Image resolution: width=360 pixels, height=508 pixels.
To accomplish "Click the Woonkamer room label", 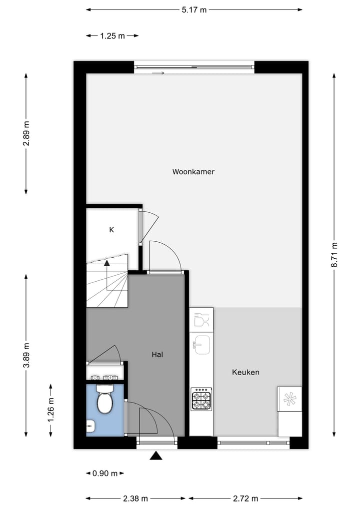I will [x=193, y=172].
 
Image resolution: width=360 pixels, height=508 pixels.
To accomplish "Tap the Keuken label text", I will [x=245, y=372].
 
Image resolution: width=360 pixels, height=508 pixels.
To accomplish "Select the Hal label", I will [x=157, y=355].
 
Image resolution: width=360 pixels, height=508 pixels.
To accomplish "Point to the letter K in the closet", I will [x=111, y=230].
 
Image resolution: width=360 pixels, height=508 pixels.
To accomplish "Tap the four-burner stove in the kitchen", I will [x=201, y=399].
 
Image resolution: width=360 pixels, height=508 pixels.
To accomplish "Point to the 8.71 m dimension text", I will [x=334, y=255].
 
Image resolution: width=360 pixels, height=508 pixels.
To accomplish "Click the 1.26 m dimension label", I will [x=50, y=410].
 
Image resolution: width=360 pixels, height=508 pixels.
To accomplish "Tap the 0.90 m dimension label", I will [x=105, y=473].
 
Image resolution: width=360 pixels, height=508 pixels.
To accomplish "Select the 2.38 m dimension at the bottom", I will [x=135, y=499].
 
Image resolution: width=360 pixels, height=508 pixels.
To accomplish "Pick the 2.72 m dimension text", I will [x=245, y=499].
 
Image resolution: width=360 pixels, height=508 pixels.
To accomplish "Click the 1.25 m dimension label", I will [x=112, y=36].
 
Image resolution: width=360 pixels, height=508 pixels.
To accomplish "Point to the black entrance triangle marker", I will [x=156, y=456].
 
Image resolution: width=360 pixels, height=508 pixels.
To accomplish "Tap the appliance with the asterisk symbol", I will [x=289, y=399].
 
